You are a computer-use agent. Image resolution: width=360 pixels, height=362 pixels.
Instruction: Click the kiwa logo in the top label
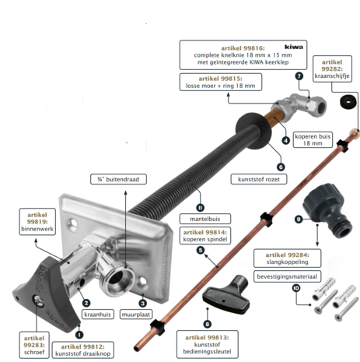294,47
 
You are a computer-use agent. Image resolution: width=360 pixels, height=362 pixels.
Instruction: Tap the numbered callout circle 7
299,76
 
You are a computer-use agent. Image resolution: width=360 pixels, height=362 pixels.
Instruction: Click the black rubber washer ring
348,102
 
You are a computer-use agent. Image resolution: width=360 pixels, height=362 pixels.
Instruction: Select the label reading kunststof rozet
259,179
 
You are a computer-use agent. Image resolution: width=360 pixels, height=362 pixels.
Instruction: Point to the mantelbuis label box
205,219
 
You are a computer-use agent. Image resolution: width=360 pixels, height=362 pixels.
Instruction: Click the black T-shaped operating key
226,294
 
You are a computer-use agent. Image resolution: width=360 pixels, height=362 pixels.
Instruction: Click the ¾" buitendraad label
118,179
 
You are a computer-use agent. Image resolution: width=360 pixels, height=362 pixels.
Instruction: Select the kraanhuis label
97,315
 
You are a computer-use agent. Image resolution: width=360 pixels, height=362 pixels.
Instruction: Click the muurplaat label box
136,315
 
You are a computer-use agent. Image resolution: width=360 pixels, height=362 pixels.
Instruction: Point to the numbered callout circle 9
299,220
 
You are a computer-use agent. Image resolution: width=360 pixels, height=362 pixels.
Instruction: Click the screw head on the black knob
37,300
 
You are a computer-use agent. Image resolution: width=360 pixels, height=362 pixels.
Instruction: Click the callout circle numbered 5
201,250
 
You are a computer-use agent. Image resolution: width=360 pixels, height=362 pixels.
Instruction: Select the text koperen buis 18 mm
313,139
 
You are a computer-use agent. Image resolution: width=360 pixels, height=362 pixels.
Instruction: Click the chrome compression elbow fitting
299,107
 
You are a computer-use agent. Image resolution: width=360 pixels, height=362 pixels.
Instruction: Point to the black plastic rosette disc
253,131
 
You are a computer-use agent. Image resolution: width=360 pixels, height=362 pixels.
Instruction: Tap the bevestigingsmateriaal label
287,276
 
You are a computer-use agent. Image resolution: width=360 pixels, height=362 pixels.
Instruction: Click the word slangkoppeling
287,262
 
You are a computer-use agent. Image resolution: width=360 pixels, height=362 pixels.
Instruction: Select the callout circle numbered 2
86,303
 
